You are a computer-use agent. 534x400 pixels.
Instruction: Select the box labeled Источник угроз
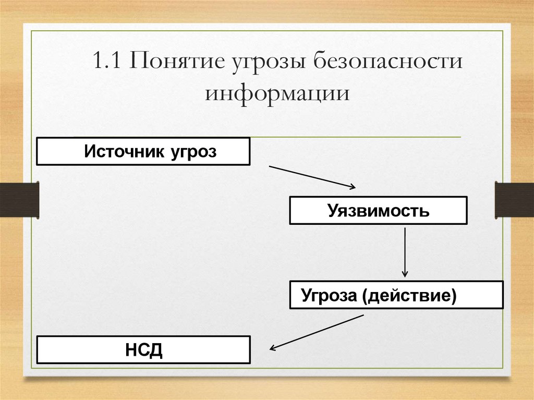[x=143, y=152]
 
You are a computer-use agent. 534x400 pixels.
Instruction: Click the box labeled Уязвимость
[x=379, y=211]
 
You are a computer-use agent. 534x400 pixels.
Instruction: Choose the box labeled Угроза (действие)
[x=396, y=295]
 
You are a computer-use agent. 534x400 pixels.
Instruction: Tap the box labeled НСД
[x=143, y=350]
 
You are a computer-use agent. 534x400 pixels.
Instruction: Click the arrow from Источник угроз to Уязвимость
[x=312, y=177]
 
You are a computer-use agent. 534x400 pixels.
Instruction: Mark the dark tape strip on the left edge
[x=19, y=199]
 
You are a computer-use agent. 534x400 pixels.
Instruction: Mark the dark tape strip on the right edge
[x=514, y=199]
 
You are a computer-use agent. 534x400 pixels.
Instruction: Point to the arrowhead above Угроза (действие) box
[x=405, y=274]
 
